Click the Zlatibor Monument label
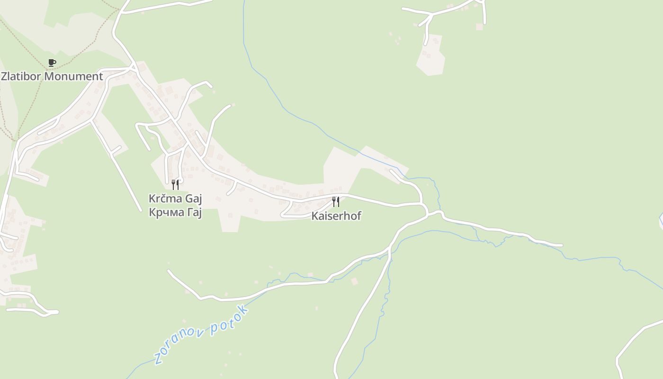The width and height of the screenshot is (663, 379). point(52,76)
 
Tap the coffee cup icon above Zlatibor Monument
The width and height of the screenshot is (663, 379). point(52,63)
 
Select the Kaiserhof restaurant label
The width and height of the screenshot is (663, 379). point(336,216)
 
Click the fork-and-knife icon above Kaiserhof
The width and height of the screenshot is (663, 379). point(335,202)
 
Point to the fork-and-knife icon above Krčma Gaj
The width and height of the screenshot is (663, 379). point(175,184)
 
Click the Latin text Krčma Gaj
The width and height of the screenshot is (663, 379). point(175,199)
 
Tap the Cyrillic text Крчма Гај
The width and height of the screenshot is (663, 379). point(175,213)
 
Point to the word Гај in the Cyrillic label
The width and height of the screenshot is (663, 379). point(194,213)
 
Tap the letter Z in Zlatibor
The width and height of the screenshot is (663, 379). point(4,76)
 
